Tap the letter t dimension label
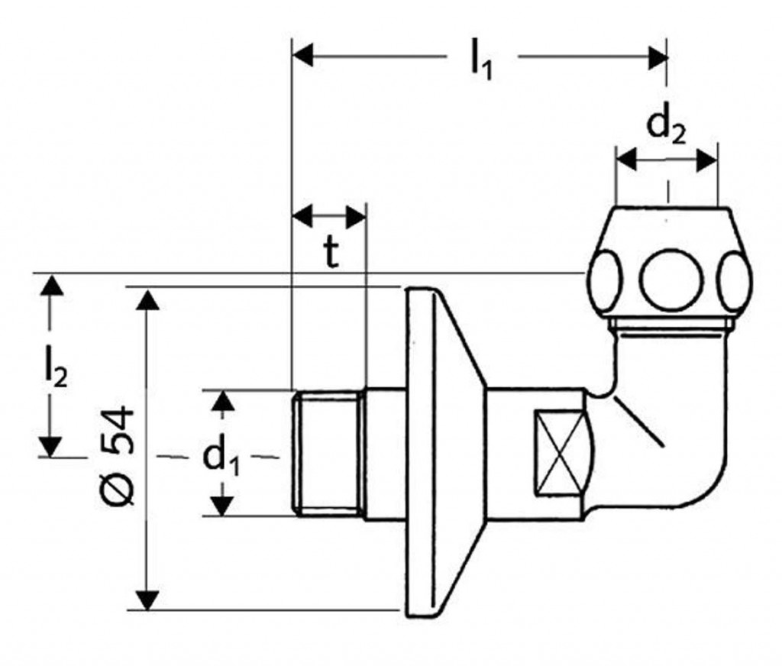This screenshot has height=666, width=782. (330, 254)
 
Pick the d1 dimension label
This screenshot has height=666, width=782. (221, 457)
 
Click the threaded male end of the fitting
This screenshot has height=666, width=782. (326, 452)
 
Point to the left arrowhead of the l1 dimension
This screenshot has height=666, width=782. (304, 56)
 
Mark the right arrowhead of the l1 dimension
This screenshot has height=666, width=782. (658, 56)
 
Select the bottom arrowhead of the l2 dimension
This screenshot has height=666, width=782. (51, 446)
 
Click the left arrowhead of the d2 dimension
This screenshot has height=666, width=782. (627, 160)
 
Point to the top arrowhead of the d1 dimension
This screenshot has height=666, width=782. (221, 401)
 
